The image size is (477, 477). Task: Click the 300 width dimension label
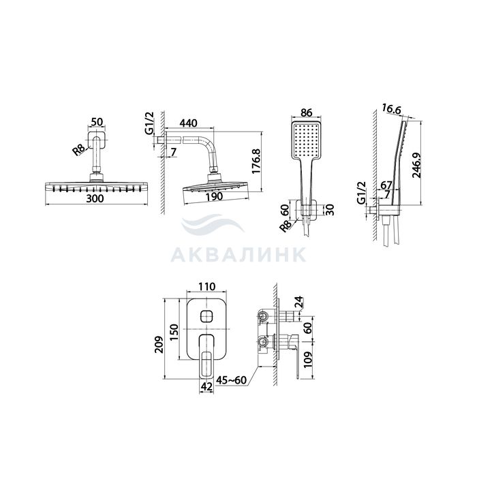[x=95, y=199]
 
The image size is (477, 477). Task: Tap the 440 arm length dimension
[x=188, y=123]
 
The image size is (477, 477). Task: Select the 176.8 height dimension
[x=256, y=161]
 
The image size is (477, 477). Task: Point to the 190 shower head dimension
[x=214, y=197]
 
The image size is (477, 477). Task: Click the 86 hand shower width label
[x=306, y=112]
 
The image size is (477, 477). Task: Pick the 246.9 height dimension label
[x=417, y=165]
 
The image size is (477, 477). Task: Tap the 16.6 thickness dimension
[x=392, y=109]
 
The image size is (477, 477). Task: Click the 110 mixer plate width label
[x=207, y=286]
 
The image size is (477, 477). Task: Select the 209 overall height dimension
[x=159, y=344]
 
